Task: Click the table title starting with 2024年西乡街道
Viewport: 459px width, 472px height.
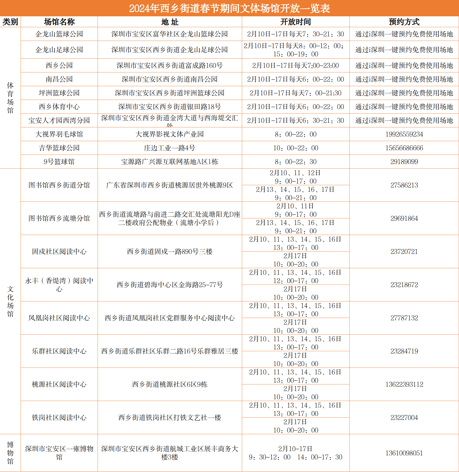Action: (x=230, y=8)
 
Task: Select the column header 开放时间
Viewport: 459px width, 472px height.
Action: (x=295, y=22)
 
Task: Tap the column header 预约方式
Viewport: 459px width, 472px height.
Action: (x=404, y=22)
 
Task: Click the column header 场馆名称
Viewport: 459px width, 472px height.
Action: (x=59, y=22)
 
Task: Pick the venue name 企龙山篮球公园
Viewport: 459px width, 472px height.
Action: (x=59, y=34)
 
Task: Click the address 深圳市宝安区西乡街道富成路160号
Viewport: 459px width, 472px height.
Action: (x=170, y=66)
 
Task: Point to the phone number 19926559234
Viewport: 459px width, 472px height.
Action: (x=404, y=134)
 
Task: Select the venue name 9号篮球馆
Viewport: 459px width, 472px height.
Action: (x=59, y=162)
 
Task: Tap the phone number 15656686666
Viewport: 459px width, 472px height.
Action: (x=404, y=148)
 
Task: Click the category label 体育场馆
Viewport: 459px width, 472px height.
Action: (x=10, y=98)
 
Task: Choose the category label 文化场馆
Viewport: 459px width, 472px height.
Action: (x=10, y=301)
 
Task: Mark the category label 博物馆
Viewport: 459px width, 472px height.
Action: (x=10, y=453)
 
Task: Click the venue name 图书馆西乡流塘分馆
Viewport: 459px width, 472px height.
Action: (x=59, y=218)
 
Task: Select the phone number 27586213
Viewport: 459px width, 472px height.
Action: (x=404, y=185)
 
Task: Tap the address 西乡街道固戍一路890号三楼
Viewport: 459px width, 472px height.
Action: (x=170, y=252)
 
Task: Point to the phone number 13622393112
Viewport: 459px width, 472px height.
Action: (x=404, y=384)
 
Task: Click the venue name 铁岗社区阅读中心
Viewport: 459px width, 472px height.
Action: (x=59, y=418)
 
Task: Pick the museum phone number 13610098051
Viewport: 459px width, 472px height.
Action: (x=404, y=453)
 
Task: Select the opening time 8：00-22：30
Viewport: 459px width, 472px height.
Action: (x=295, y=162)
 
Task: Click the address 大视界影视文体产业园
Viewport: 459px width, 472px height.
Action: (x=170, y=134)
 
